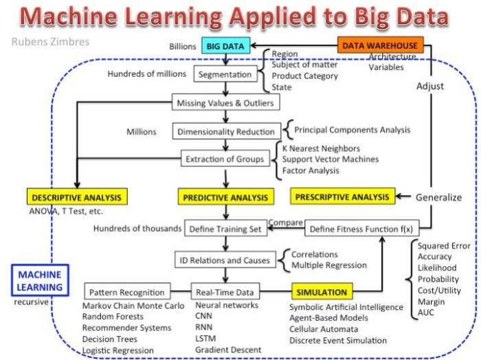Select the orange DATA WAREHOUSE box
[381, 46]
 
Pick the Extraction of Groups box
[225, 159]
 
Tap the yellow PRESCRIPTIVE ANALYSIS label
[343, 197]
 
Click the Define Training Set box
[226, 229]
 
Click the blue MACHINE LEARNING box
[40, 281]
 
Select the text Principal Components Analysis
[353, 129]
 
